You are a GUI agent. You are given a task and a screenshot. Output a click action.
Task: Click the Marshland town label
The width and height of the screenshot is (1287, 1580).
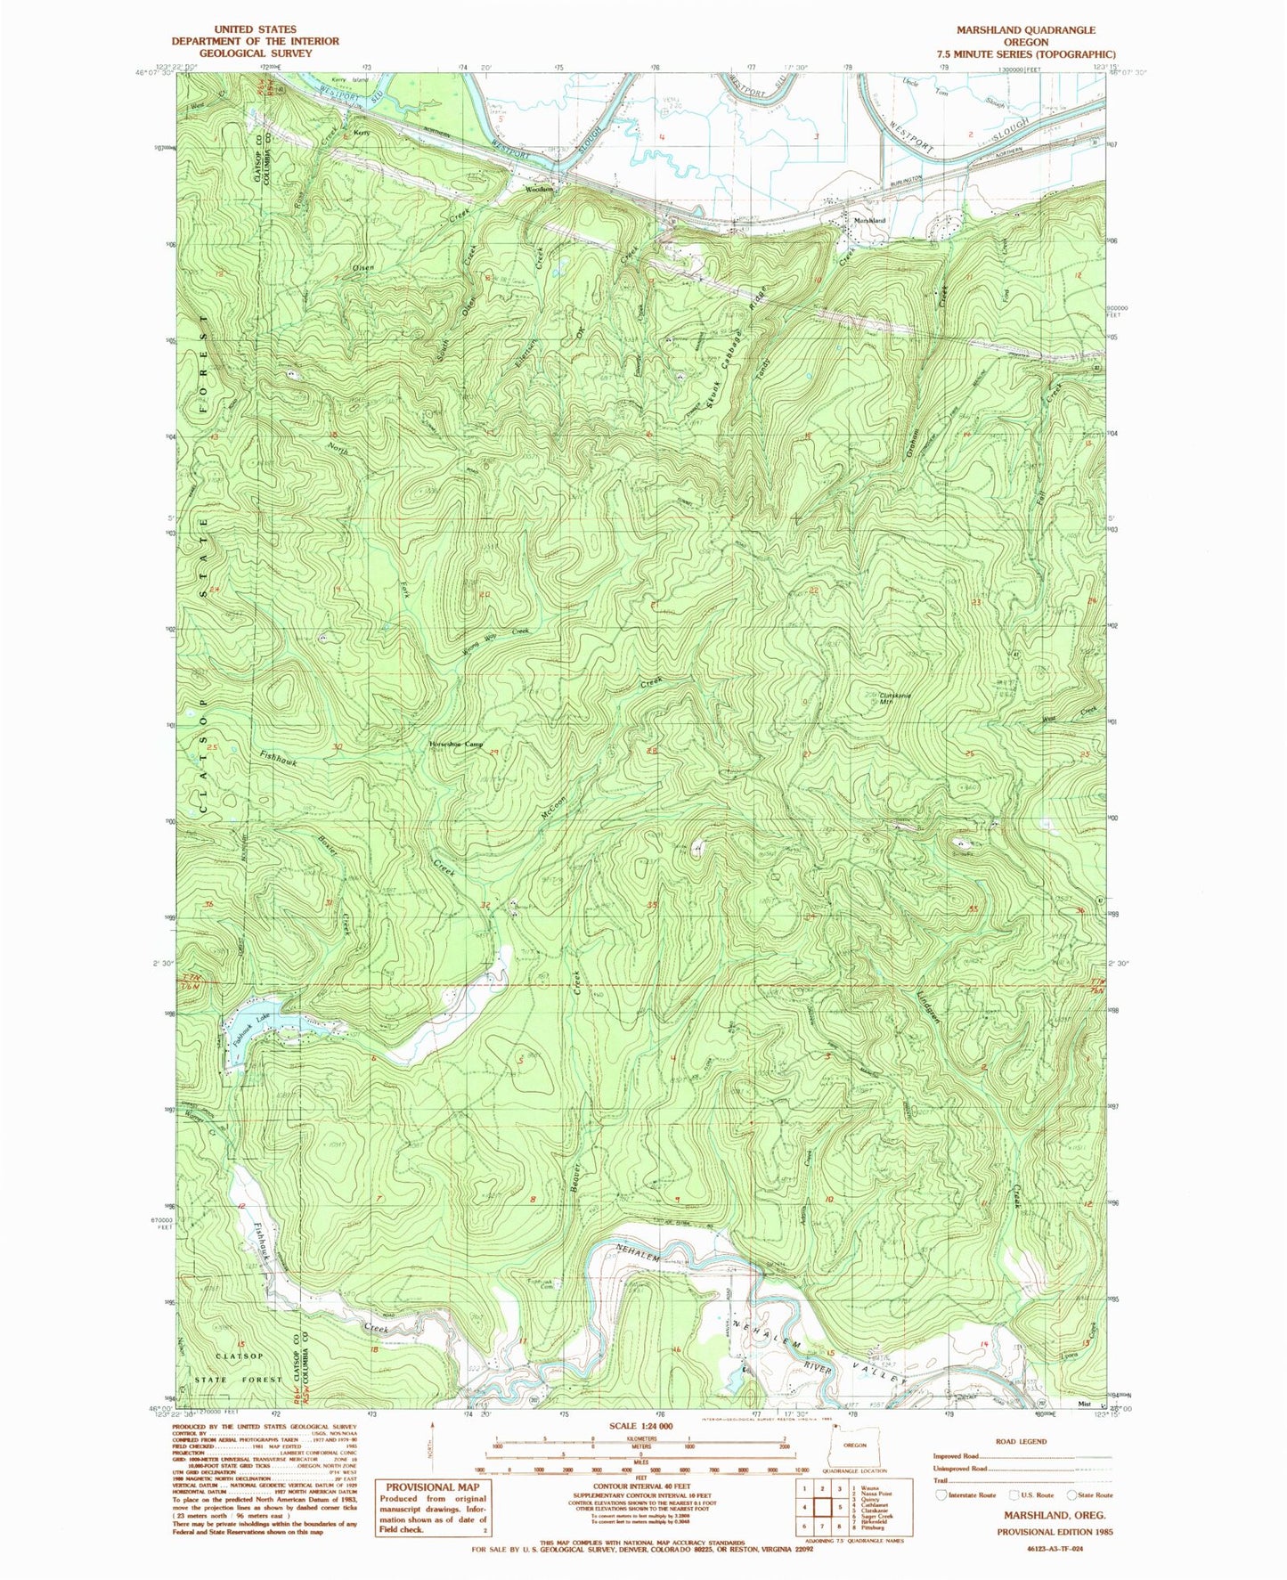[869, 220]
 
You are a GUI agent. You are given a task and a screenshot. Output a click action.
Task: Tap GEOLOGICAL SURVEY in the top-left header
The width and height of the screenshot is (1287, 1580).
[255, 53]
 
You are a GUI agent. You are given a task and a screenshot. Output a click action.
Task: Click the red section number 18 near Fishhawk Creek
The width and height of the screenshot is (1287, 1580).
[375, 1350]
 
